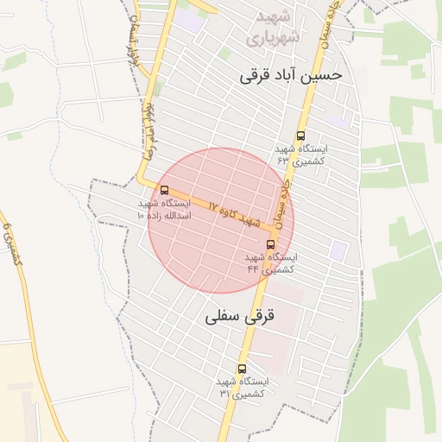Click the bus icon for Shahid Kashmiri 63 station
300,136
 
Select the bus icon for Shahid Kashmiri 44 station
270,244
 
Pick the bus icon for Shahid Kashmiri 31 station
242,369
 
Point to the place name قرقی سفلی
239,317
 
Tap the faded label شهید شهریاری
272,28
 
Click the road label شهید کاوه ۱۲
235,214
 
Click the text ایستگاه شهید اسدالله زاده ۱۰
164,209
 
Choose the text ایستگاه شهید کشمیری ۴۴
270,263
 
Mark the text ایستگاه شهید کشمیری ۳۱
243,387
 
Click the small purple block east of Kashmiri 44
338,250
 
